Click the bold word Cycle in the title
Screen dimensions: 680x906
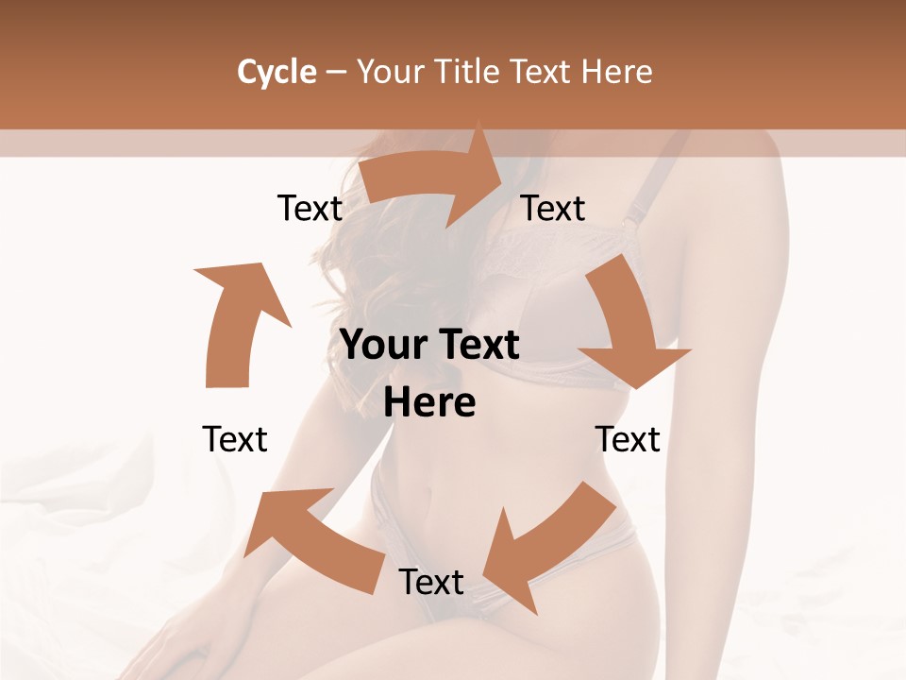coord(277,71)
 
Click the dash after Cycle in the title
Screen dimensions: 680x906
coord(336,73)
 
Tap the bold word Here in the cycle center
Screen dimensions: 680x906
coord(429,403)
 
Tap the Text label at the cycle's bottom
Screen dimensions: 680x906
coord(430,582)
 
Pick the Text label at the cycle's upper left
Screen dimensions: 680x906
coord(310,208)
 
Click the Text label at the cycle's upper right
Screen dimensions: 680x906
coord(553,208)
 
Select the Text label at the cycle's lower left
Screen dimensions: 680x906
coord(235,439)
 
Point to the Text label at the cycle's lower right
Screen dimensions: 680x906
coord(629,439)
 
